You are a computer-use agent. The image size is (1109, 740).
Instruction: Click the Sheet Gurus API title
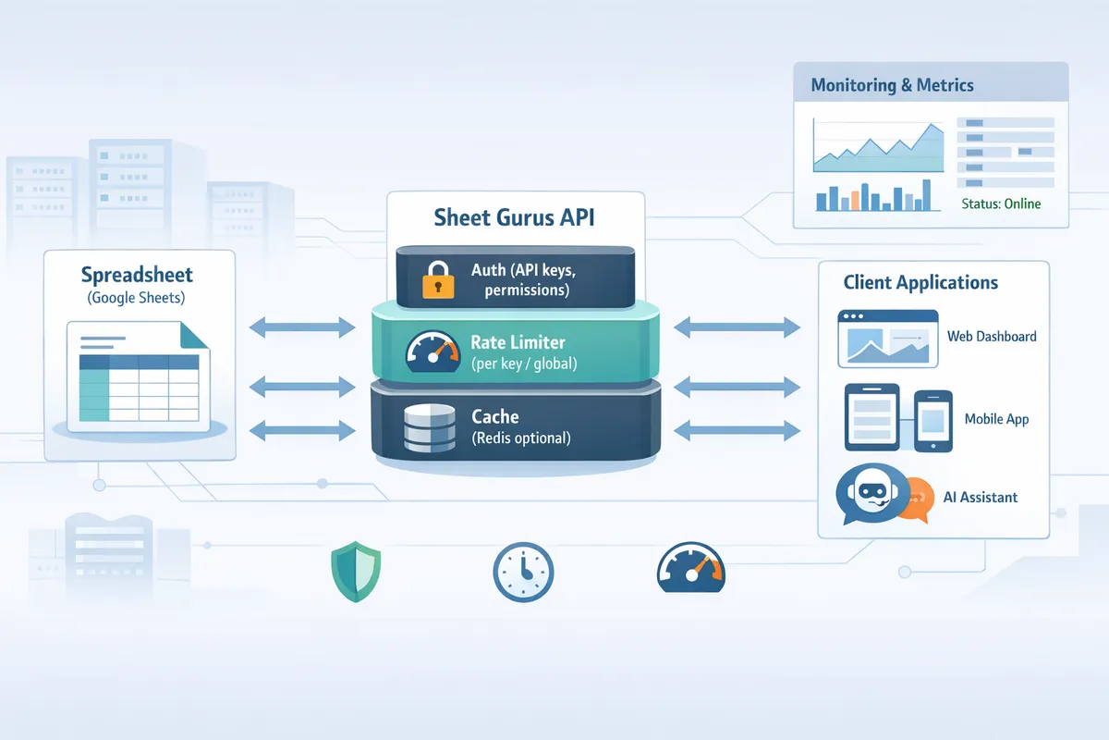pos(514,218)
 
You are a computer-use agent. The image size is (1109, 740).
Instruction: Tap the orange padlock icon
pos(437,278)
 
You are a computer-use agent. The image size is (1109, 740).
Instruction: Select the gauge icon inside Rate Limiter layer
pos(433,351)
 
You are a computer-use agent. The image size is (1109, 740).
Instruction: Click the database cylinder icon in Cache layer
pos(431,428)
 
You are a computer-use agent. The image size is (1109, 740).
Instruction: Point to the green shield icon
pos(356,572)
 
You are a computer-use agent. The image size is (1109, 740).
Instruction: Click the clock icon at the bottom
pos(523,573)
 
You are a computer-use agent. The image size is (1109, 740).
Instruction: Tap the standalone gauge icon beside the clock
pos(690,567)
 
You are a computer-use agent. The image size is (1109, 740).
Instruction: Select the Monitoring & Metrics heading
pos(892,85)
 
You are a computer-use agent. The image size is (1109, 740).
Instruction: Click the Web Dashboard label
pos(992,337)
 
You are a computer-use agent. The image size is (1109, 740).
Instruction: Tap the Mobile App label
pos(996,419)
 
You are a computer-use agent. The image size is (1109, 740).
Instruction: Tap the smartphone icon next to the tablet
pos(932,420)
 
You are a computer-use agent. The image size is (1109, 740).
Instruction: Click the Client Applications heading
pos(920,283)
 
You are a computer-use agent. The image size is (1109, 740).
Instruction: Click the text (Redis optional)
pos(520,438)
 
